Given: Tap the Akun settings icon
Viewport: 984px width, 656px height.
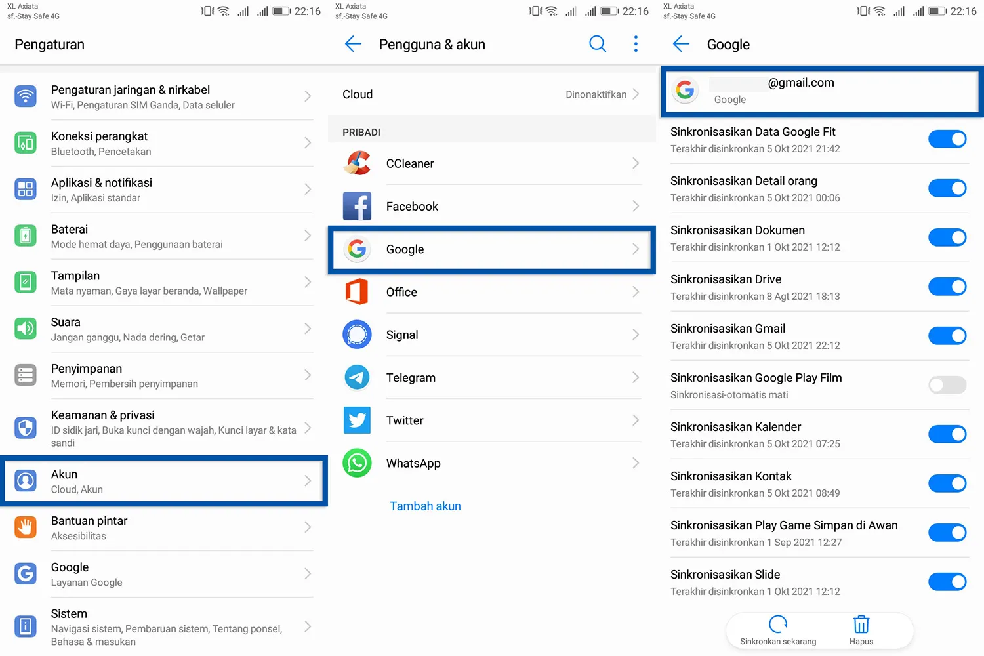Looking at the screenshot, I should [x=26, y=481].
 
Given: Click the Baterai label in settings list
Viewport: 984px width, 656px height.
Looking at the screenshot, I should [x=70, y=230].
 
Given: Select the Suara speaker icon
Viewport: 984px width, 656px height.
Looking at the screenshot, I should [x=26, y=329].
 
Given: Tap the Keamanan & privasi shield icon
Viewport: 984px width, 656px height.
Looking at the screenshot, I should [x=26, y=428].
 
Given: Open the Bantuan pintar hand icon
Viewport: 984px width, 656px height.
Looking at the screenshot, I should [x=26, y=527].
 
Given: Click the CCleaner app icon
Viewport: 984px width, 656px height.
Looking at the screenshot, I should [x=357, y=163].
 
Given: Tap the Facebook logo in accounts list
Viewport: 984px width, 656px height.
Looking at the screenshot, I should [x=357, y=207].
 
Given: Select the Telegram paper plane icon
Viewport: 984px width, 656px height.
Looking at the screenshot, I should [x=357, y=378].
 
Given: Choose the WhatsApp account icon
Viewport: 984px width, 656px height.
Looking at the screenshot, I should [x=357, y=463].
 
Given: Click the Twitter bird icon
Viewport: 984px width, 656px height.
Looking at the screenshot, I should [x=357, y=420].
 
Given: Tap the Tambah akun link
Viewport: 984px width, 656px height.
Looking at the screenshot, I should [x=425, y=506].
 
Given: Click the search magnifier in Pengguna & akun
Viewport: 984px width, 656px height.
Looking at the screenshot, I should [x=597, y=44].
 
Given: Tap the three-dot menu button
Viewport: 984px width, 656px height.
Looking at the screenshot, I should [x=636, y=44].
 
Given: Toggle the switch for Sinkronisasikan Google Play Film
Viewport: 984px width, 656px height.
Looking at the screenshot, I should [x=947, y=385].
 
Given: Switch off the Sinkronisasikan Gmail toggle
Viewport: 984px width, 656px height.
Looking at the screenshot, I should [x=947, y=336].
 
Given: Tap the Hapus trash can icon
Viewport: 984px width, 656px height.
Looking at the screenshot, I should [x=861, y=625].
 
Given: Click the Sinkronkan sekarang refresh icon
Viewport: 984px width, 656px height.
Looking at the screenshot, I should [x=778, y=625].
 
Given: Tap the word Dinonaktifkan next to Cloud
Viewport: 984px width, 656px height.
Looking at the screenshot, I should [x=596, y=94].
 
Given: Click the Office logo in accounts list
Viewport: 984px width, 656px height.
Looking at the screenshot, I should [x=357, y=292].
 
